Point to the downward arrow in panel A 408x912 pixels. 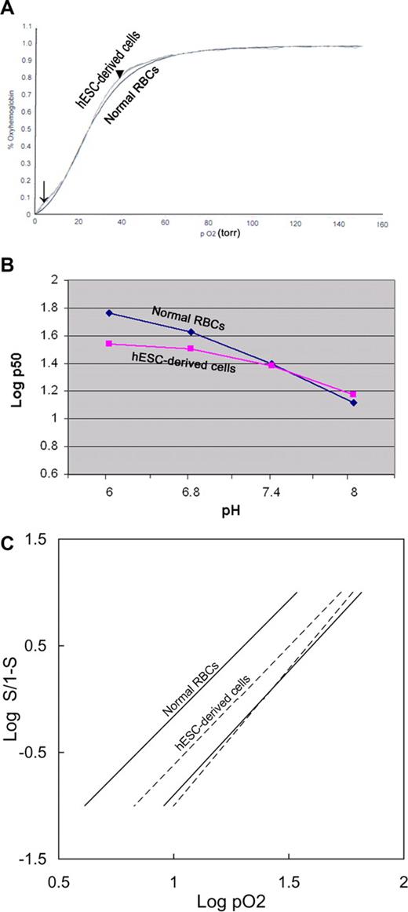[44, 192]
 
